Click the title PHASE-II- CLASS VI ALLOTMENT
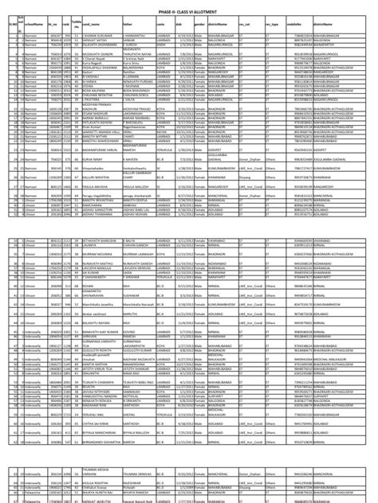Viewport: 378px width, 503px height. [x=189, y=6]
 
